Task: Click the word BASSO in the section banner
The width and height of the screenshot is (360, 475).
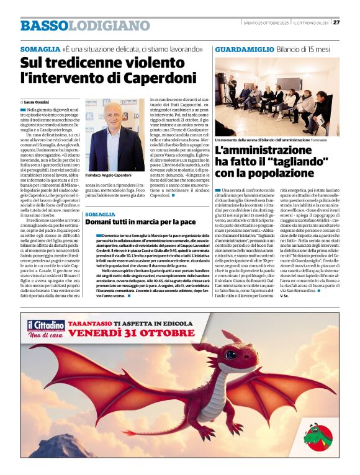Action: pos(43,25)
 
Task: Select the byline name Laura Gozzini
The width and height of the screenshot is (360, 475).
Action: pos(37,101)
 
